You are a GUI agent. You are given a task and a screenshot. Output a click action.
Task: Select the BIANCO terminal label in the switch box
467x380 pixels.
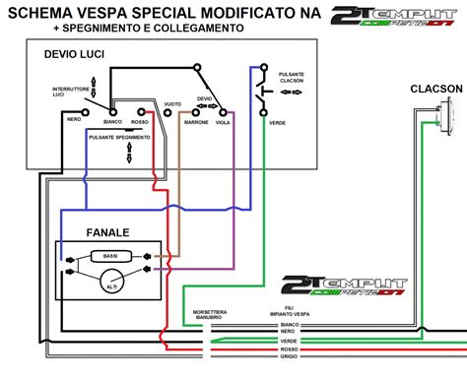coord(112,124)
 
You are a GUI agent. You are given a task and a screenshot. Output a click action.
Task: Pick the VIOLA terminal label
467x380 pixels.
coord(225,124)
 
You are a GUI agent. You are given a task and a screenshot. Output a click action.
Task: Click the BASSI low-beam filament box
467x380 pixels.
coord(108,256)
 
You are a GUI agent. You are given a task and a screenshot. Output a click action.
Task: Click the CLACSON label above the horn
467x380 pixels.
coord(435,90)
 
